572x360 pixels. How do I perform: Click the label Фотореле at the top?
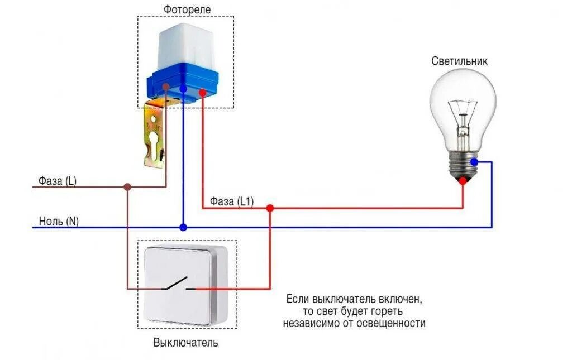click(187, 9)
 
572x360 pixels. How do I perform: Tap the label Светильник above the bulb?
click(459, 61)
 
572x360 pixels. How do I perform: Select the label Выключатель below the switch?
click(185, 343)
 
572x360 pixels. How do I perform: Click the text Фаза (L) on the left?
click(58, 181)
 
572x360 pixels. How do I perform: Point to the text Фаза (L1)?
click(232, 201)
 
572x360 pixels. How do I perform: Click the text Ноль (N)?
click(59, 221)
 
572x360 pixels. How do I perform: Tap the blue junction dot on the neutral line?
click(183, 228)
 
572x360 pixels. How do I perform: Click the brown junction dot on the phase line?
click(127, 187)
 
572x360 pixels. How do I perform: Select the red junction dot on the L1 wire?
click(270, 208)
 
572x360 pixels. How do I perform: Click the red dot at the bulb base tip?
click(463, 180)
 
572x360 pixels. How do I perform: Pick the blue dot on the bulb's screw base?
click(474, 162)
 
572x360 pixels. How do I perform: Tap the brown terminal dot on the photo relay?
click(166, 87)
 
